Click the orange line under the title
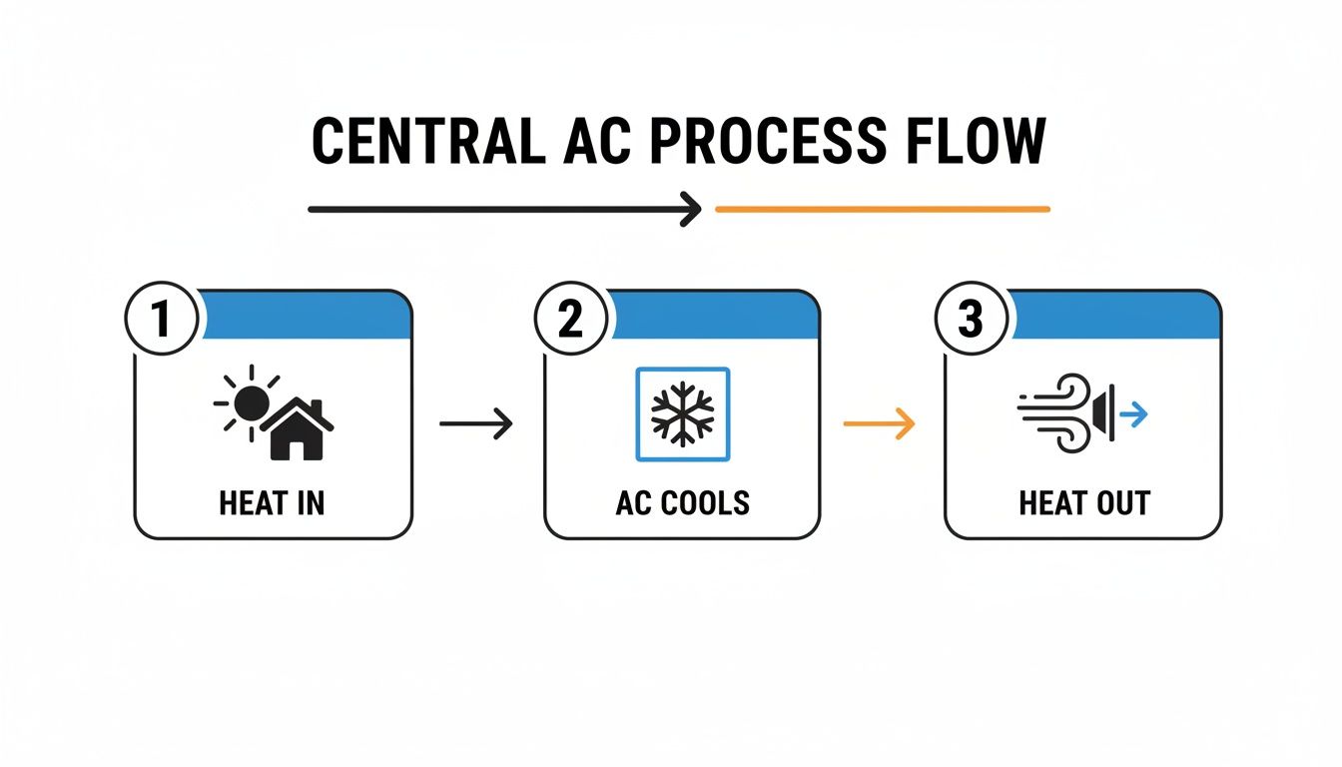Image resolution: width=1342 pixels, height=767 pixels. click(x=883, y=210)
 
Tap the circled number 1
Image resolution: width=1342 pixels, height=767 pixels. click(x=162, y=321)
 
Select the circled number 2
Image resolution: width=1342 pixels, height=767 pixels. click(x=570, y=321)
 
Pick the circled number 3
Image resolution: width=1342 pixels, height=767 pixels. click(x=970, y=321)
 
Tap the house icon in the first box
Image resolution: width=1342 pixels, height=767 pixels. click(x=297, y=430)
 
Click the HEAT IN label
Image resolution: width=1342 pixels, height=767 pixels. click(x=272, y=503)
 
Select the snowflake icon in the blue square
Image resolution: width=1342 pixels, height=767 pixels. click(x=682, y=414)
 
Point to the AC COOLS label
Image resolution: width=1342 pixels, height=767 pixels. click(x=682, y=503)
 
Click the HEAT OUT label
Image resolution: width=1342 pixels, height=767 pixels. click(x=1083, y=503)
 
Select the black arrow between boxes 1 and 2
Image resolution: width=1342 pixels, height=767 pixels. click(x=475, y=424)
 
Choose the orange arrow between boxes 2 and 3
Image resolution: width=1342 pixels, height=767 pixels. click(x=879, y=424)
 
